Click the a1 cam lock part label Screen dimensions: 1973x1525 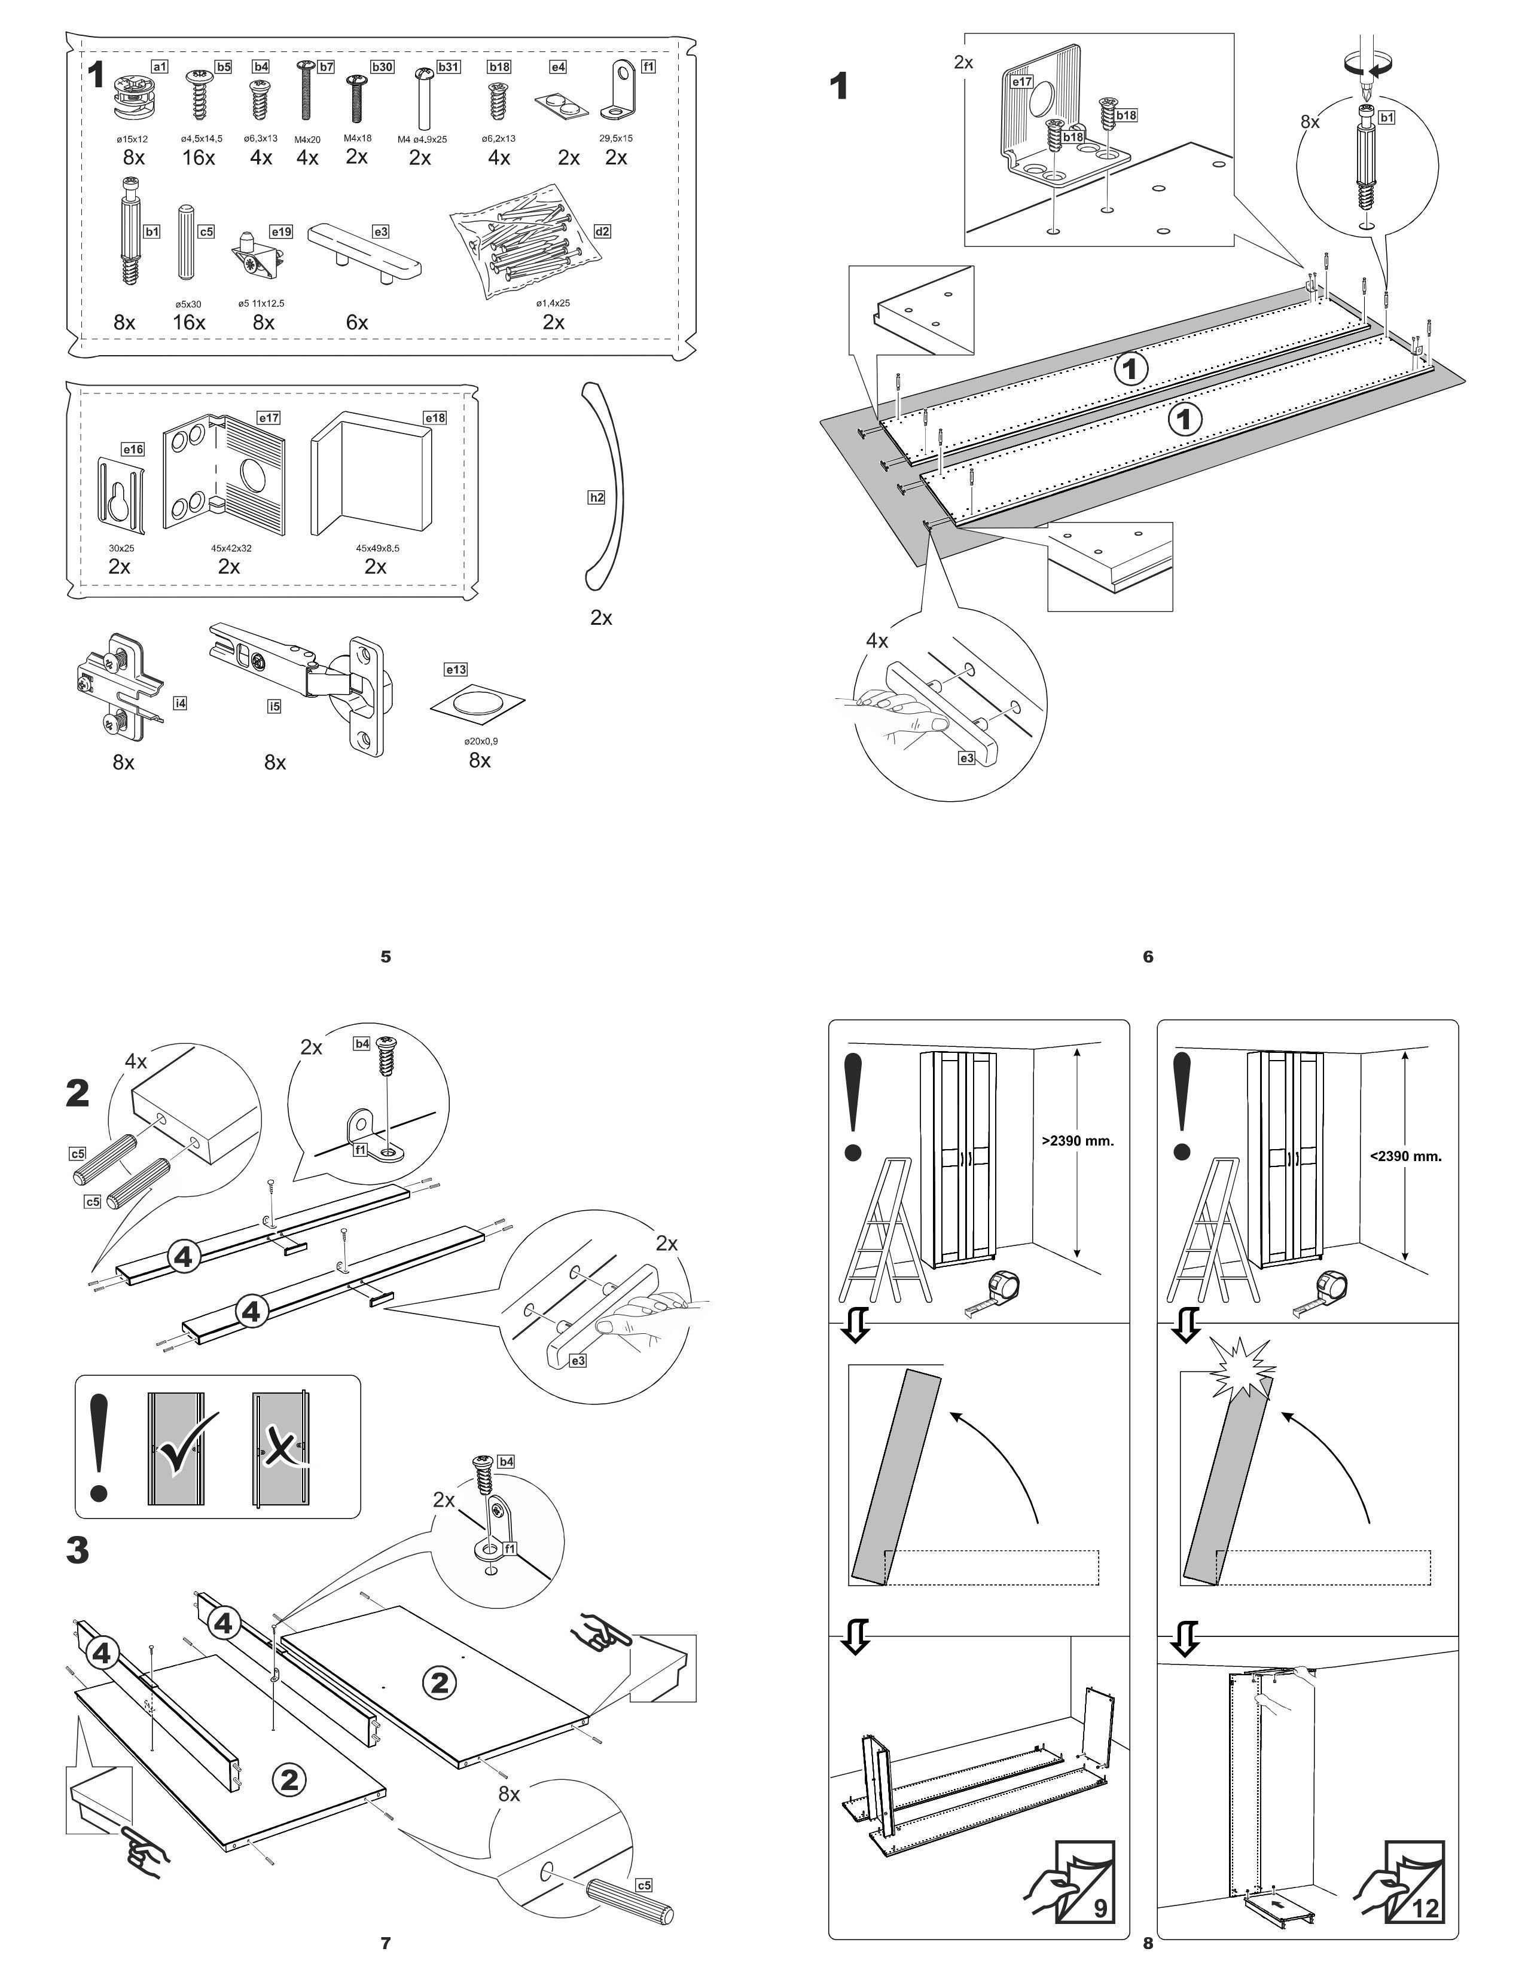coord(159,67)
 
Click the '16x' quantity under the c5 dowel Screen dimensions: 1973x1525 coord(190,322)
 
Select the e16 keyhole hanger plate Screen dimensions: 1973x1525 coord(119,490)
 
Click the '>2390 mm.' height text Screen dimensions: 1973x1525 coord(1078,1140)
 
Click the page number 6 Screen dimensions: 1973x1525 coord(1148,957)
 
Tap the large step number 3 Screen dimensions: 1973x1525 coord(78,1550)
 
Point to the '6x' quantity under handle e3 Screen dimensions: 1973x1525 coord(357,322)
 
